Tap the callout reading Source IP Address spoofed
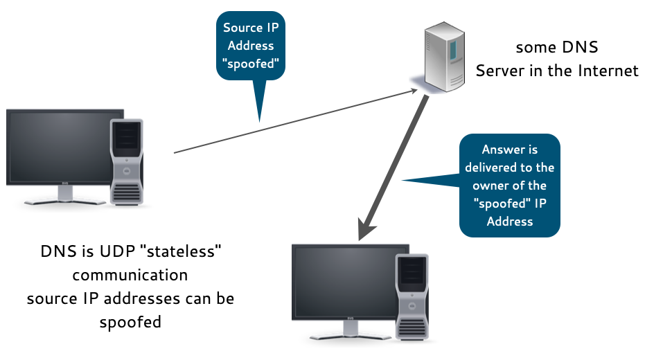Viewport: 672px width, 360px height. click(x=254, y=46)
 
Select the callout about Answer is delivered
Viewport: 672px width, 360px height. click(x=509, y=185)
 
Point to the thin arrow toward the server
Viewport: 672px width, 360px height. click(x=291, y=120)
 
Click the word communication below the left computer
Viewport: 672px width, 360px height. click(x=130, y=275)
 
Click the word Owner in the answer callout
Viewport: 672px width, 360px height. click(x=490, y=186)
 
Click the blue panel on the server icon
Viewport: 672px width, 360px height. click(x=452, y=49)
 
